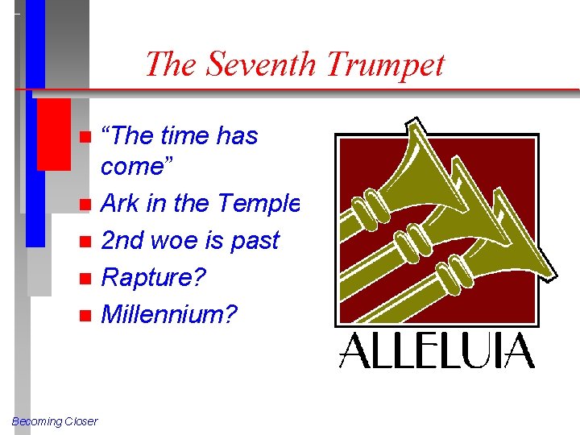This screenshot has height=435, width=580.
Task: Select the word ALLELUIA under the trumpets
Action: (x=437, y=351)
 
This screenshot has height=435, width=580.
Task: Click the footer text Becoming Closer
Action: (x=55, y=421)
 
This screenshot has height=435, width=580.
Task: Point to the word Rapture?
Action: (x=153, y=278)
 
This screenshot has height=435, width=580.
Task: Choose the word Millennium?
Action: (x=169, y=314)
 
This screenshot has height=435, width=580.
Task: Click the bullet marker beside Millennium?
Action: (x=85, y=316)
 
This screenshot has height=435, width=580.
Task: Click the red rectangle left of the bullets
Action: (x=54, y=135)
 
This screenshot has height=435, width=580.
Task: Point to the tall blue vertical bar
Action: (x=35, y=121)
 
